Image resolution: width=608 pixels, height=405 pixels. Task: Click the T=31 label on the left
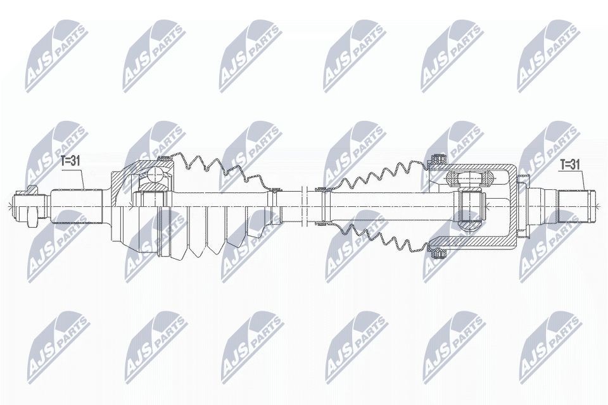71,162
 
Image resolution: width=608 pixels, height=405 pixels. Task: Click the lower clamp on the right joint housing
436,254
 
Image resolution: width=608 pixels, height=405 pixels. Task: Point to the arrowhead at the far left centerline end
6,204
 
